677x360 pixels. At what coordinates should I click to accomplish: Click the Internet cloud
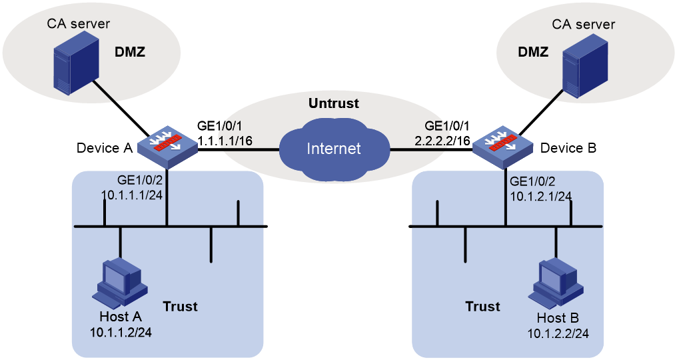click(x=335, y=148)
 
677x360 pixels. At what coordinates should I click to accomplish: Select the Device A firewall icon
click(x=167, y=147)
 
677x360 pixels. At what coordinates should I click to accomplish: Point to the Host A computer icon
click(x=120, y=283)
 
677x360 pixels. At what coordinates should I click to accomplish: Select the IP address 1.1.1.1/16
click(x=225, y=141)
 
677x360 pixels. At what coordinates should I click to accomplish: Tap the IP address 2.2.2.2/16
click(x=442, y=141)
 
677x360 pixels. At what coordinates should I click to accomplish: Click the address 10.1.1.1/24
click(x=132, y=195)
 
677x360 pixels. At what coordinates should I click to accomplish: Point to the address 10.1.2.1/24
click(x=541, y=196)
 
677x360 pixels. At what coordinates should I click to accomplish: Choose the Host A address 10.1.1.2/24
click(x=121, y=333)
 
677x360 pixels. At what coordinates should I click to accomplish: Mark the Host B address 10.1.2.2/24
click(x=558, y=333)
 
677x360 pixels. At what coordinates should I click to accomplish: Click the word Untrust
click(x=334, y=103)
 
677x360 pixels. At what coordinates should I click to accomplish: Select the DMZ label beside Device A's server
click(x=129, y=52)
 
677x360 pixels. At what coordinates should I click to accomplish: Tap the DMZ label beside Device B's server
click(x=533, y=52)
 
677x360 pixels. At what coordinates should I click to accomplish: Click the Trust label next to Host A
click(x=180, y=307)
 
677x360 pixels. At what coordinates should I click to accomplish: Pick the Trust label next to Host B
click(x=482, y=307)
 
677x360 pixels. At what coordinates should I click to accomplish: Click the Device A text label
click(x=105, y=148)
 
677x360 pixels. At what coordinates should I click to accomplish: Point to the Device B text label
click(x=568, y=148)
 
